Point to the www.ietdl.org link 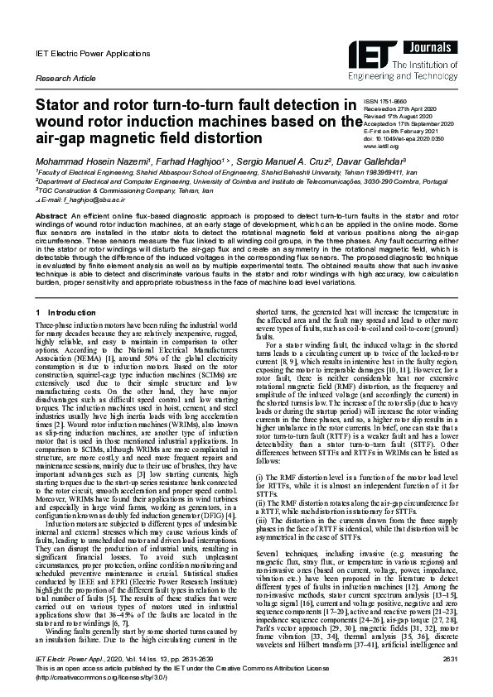click(382, 147)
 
